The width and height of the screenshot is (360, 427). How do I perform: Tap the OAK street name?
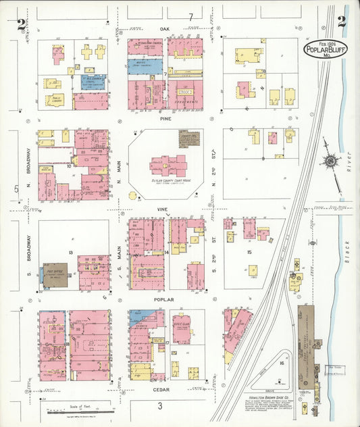click(x=164, y=30)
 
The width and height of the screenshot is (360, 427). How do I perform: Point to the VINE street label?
click(x=163, y=209)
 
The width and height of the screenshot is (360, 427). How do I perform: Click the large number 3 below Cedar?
click(x=160, y=405)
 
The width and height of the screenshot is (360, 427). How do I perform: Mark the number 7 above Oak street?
click(x=191, y=16)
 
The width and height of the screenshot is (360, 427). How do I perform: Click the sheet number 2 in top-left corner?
click(x=22, y=24)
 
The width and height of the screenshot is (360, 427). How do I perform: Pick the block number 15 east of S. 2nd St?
click(x=249, y=252)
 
